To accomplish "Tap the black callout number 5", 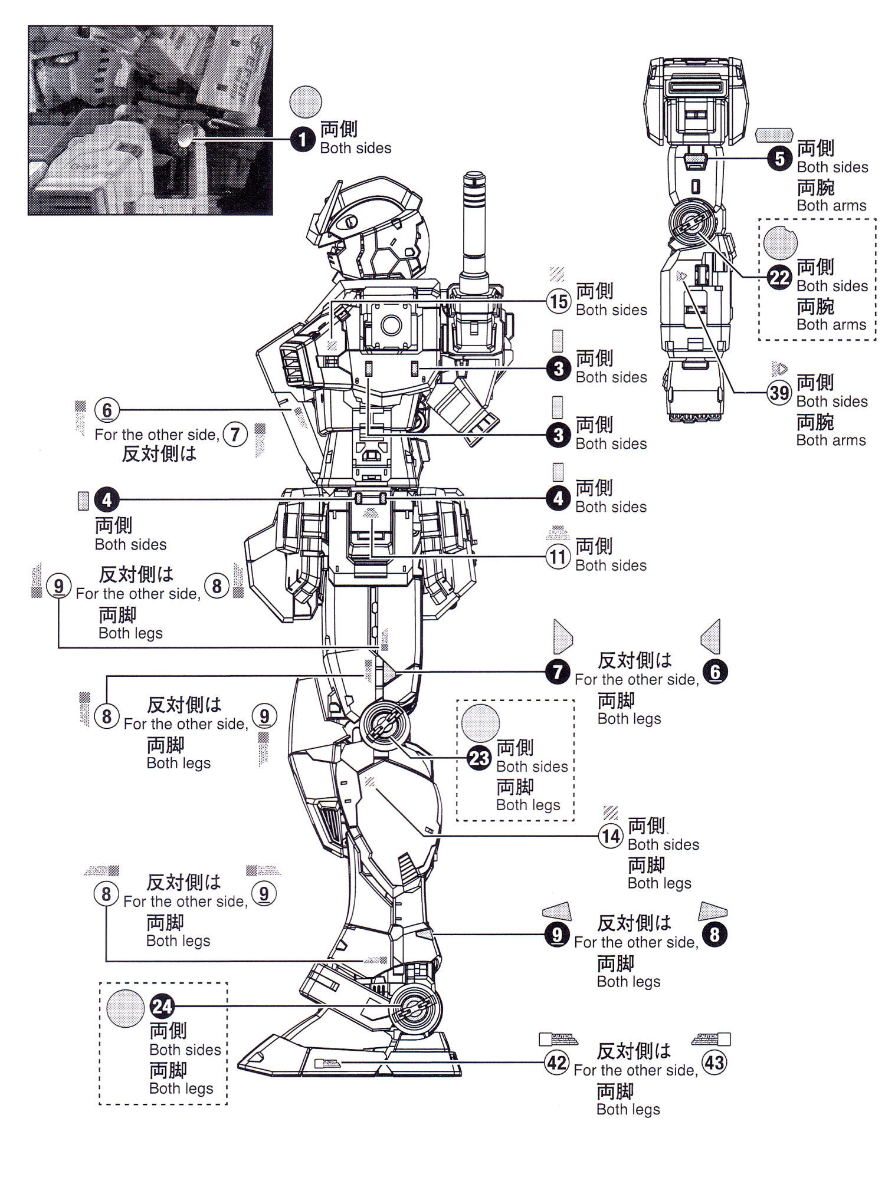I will pyautogui.click(x=780, y=159).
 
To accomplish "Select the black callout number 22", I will pyautogui.click(x=779, y=277).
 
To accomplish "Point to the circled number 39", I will pyautogui.click(x=779, y=393).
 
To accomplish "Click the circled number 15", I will pyautogui.click(x=559, y=301).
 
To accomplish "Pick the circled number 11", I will pyautogui.click(x=558, y=557).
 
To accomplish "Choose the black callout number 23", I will pyautogui.click(x=479, y=758).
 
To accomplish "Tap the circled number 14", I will pyautogui.click(x=611, y=836).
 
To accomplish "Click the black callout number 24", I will pyautogui.click(x=162, y=1007).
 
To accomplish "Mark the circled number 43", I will pyautogui.click(x=714, y=1063).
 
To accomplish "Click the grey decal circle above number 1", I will pyautogui.click(x=306, y=101).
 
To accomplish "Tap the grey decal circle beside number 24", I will pyautogui.click(x=125, y=1009).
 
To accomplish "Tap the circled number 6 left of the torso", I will pyautogui.click(x=107, y=410).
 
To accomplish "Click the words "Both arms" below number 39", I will pyautogui.click(x=831, y=440).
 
